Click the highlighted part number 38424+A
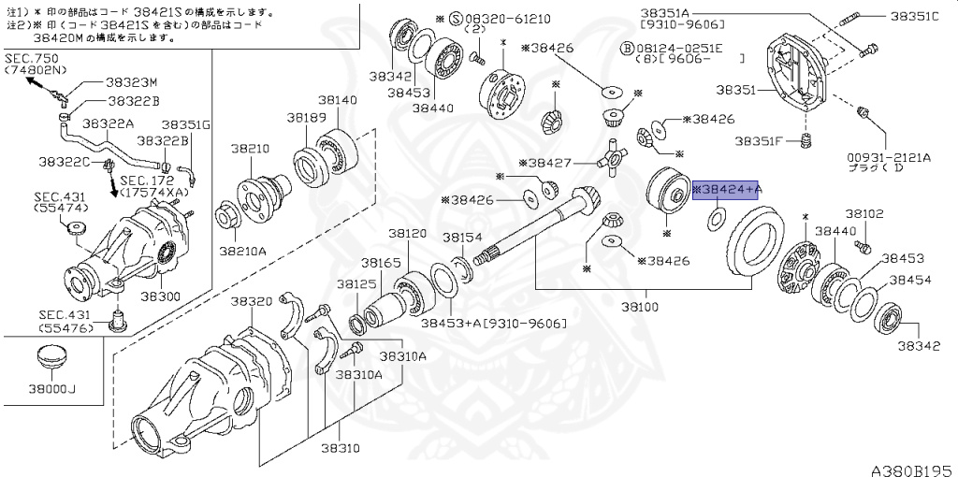[726, 190]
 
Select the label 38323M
[132, 82]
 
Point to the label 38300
[160, 296]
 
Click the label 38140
[336, 99]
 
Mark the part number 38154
[462, 238]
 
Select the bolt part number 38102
[864, 213]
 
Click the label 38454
[910, 280]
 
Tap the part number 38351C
[914, 16]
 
